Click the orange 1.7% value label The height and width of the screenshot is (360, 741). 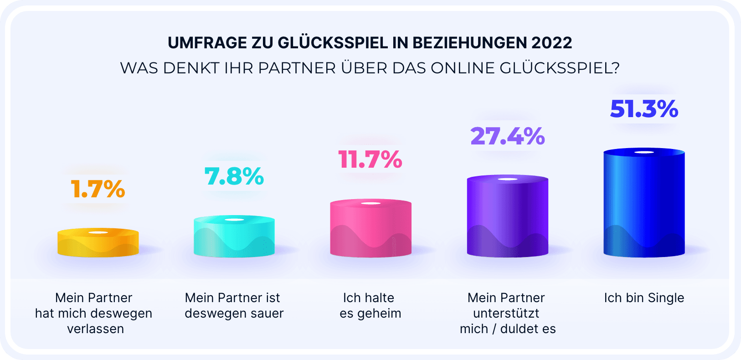coord(98,189)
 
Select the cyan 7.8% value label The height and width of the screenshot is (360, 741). coord(234,176)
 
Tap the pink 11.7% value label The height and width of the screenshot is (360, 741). coord(370,159)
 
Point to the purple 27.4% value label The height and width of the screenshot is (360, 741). coord(507,136)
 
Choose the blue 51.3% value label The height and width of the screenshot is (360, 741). coord(644,109)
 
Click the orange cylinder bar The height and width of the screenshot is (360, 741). coord(98,243)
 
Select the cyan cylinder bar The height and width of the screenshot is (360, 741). coord(234,237)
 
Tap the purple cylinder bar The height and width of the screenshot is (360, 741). coord(507,216)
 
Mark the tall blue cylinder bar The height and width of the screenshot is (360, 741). coord(644,203)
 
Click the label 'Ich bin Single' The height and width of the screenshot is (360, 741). coord(644,298)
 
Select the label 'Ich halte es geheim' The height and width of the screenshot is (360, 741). coord(370,306)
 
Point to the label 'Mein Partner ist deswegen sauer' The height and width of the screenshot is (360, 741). coord(234,306)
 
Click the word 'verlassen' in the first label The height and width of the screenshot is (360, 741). coord(95,329)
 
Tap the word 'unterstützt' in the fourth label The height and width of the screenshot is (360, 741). coord(506,314)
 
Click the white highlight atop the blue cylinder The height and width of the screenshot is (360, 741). coord(644,152)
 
